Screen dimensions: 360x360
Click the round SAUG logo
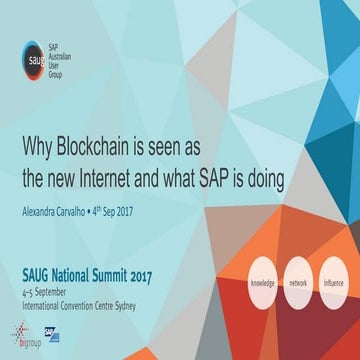pos(34,56)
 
